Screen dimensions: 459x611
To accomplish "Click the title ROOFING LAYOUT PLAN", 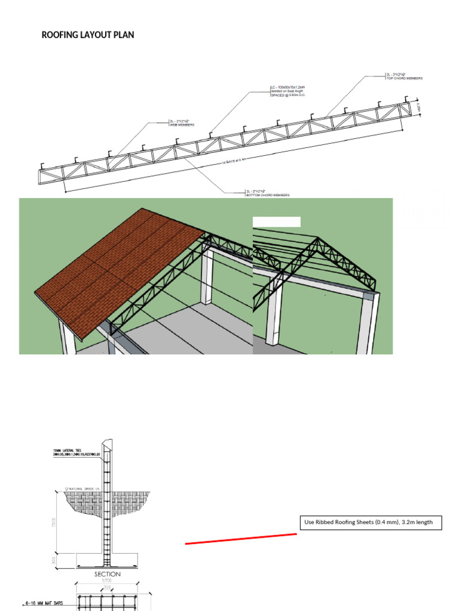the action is (88, 35).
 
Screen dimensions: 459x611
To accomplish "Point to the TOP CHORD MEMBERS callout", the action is (405, 78).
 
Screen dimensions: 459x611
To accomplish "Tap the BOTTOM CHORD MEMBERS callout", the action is (267, 196).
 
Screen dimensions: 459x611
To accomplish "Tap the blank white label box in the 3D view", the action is (276, 222).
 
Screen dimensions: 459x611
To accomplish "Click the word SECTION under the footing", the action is (108, 574).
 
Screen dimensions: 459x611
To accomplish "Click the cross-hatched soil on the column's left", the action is (84, 504).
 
